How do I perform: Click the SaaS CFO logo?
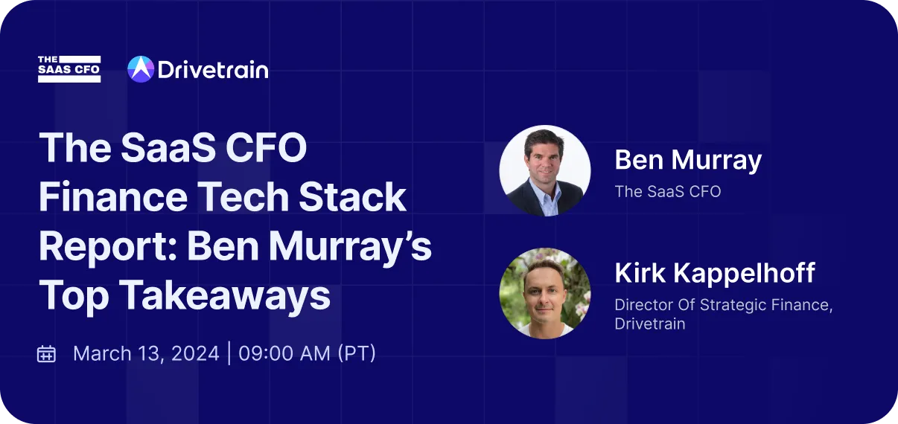(69, 69)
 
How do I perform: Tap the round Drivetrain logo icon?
(141, 69)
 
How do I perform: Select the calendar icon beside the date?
(47, 353)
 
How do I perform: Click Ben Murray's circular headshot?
(544, 171)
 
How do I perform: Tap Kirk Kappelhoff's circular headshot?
(544, 293)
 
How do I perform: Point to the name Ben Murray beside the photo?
(688, 161)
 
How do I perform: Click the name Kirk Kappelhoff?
(714, 274)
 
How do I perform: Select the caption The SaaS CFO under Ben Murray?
(667, 191)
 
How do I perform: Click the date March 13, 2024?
(146, 353)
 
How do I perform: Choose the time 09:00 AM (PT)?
(308, 353)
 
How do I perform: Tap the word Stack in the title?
(359, 198)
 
